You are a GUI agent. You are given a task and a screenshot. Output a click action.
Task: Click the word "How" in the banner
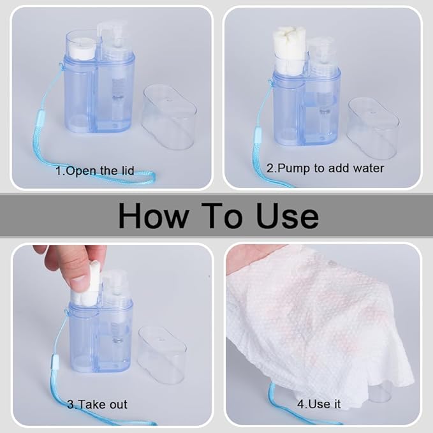(x=154, y=216)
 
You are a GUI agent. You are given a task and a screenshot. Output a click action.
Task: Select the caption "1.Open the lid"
(x=95, y=171)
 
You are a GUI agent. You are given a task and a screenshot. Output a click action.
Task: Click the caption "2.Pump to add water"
(x=325, y=168)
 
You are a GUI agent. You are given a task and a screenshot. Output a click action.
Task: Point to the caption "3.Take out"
(x=97, y=404)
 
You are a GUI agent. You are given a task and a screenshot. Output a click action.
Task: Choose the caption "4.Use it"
(x=319, y=404)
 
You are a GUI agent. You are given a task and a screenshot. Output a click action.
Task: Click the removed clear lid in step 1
(x=169, y=117)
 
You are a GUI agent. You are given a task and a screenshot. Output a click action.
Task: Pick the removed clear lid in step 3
(x=162, y=355)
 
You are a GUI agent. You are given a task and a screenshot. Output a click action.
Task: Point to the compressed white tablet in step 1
(x=82, y=50)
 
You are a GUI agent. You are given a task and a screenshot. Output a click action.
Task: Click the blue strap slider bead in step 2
(x=258, y=134)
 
